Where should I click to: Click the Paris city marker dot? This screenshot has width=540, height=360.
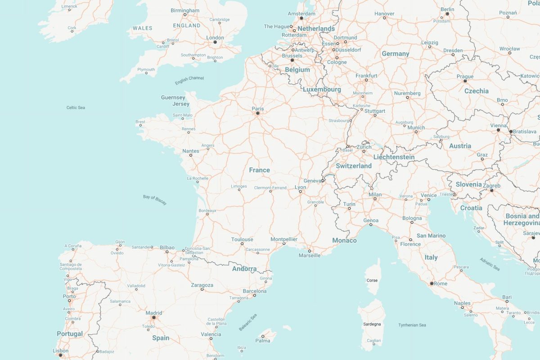tap(258, 113)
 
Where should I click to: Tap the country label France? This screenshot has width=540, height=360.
tap(260, 170)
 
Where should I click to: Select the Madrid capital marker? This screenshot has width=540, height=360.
tap(154, 318)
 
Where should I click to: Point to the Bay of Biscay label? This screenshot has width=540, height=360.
tap(155, 200)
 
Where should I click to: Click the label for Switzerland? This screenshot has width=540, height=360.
tap(354, 166)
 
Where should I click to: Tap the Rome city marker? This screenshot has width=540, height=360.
tap(432, 283)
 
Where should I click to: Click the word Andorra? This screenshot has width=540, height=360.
tap(244, 269)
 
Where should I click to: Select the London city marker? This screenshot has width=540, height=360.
tap(215, 42)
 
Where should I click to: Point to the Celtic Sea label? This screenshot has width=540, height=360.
tap(76, 108)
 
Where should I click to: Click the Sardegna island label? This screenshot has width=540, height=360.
tap(372, 324)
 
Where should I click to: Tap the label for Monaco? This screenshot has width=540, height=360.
tap(344, 240)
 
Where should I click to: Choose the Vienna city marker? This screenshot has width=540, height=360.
tap(498, 130)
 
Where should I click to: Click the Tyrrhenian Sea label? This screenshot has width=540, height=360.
tap(412, 325)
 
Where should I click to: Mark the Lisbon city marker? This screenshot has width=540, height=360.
tap(60, 355)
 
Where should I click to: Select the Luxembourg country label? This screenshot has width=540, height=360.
tap(322, 90)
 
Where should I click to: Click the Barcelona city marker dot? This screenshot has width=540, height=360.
tap(254, 296)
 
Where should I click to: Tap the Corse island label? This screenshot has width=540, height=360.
tap(372, 280)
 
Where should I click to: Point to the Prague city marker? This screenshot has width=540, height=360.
tap(465, 81)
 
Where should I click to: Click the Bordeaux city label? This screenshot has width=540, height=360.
tap(207, 210)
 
